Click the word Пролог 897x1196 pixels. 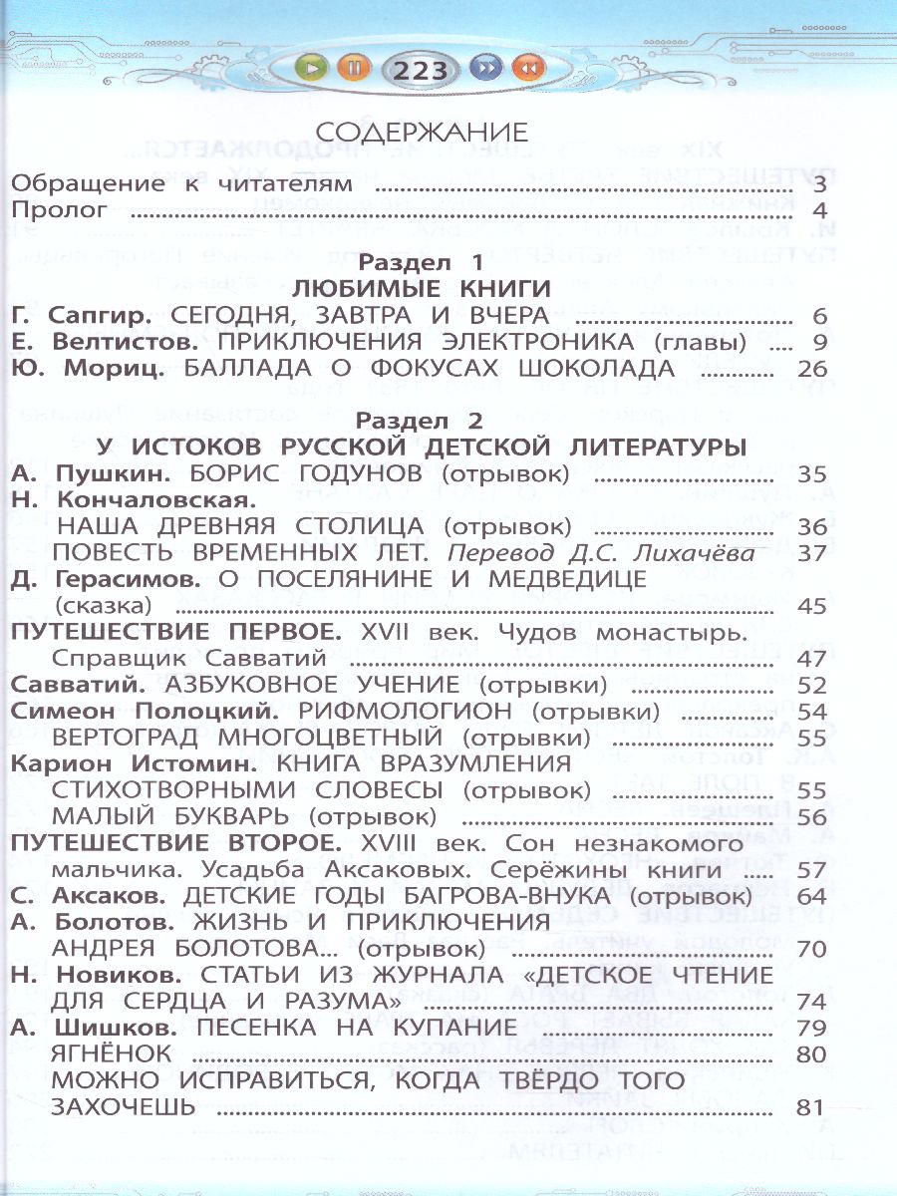59,210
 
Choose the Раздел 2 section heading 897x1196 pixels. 422,421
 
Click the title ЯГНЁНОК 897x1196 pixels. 115,1052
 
